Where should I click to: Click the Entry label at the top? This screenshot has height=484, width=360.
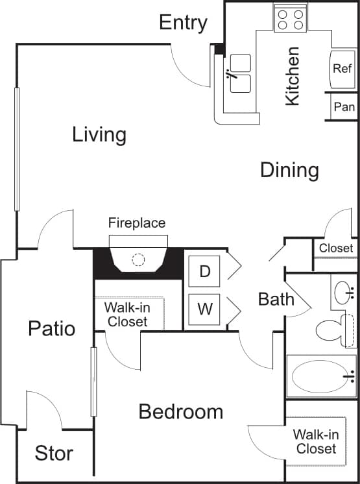click(183, 23)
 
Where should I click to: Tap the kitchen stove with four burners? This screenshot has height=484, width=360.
click(290, 18)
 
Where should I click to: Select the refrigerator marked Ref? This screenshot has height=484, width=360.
click(342, 68)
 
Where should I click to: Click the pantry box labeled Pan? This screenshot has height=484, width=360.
click(343, 106)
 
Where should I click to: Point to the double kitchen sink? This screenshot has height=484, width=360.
click(240, 73)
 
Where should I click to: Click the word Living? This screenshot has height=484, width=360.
click(99, 135)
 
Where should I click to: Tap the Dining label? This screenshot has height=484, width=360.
click(289, 170)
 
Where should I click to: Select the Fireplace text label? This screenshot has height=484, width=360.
click(137, 223)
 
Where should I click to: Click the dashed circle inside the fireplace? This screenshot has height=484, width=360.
click(138, 260)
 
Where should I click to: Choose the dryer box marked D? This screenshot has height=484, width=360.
click(205, 271)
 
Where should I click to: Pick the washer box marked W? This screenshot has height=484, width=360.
click(205, 308)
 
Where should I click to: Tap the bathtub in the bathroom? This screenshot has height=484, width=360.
click(320, 376)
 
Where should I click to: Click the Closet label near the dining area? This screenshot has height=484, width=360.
click(336, 248)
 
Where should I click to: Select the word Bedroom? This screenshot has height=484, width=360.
click(181, 411)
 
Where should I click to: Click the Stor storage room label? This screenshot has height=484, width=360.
click(54, 454)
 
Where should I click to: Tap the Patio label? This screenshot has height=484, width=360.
click(51, 328)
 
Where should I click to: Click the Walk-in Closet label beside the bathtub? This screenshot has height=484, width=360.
click(317, 442)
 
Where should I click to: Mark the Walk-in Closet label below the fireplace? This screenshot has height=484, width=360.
click(127, 314)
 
